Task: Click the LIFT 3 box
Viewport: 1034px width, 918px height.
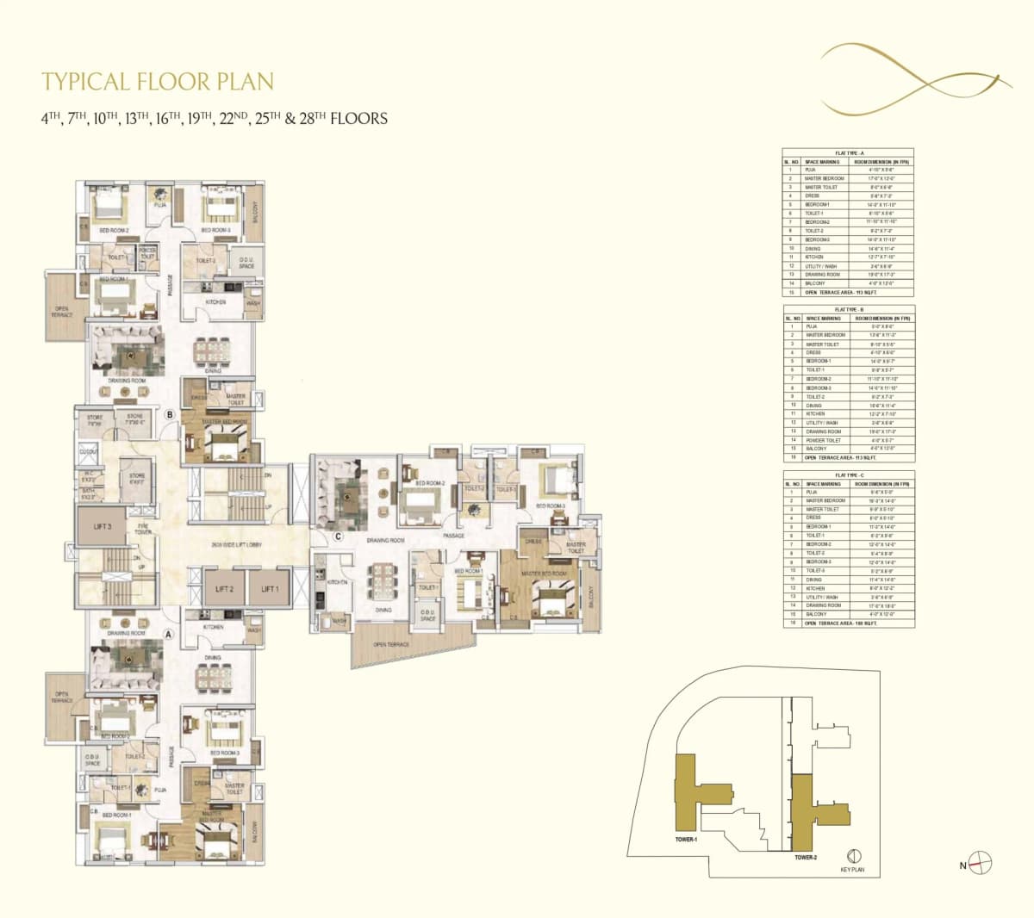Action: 103,525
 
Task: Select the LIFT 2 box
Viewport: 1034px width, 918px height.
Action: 225,589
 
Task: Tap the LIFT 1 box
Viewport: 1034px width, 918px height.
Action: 270,589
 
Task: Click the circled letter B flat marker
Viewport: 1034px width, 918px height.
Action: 171,414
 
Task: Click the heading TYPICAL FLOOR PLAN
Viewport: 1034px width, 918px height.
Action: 158,82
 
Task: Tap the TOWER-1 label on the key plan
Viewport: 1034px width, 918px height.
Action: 687,839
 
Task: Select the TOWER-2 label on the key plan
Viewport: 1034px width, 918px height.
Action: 806,858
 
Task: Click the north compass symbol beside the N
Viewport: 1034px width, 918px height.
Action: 981,861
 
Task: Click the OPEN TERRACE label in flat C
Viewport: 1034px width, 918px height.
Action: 391,644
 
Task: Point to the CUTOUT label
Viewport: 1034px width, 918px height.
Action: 89,451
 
